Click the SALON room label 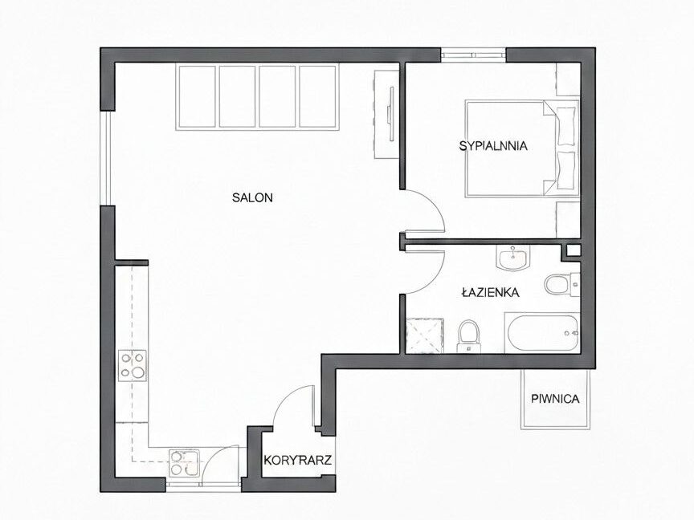point(252,197)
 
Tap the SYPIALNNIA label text point(493,146)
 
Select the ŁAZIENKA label point(490,292)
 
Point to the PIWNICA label point(555,399)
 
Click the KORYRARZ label point(298,461)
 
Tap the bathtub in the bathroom point(542,332)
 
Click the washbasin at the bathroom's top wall point(513,258)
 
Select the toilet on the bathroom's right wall point(562,284)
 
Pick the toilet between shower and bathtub point(469,336)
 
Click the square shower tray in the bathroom point(425,335)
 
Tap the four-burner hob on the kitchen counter point(133,366)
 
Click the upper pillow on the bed point(566,126)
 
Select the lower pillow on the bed point(566,171)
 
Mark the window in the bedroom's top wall point(473,55)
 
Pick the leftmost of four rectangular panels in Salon point(198,96)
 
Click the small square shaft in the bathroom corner point(573,250)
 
